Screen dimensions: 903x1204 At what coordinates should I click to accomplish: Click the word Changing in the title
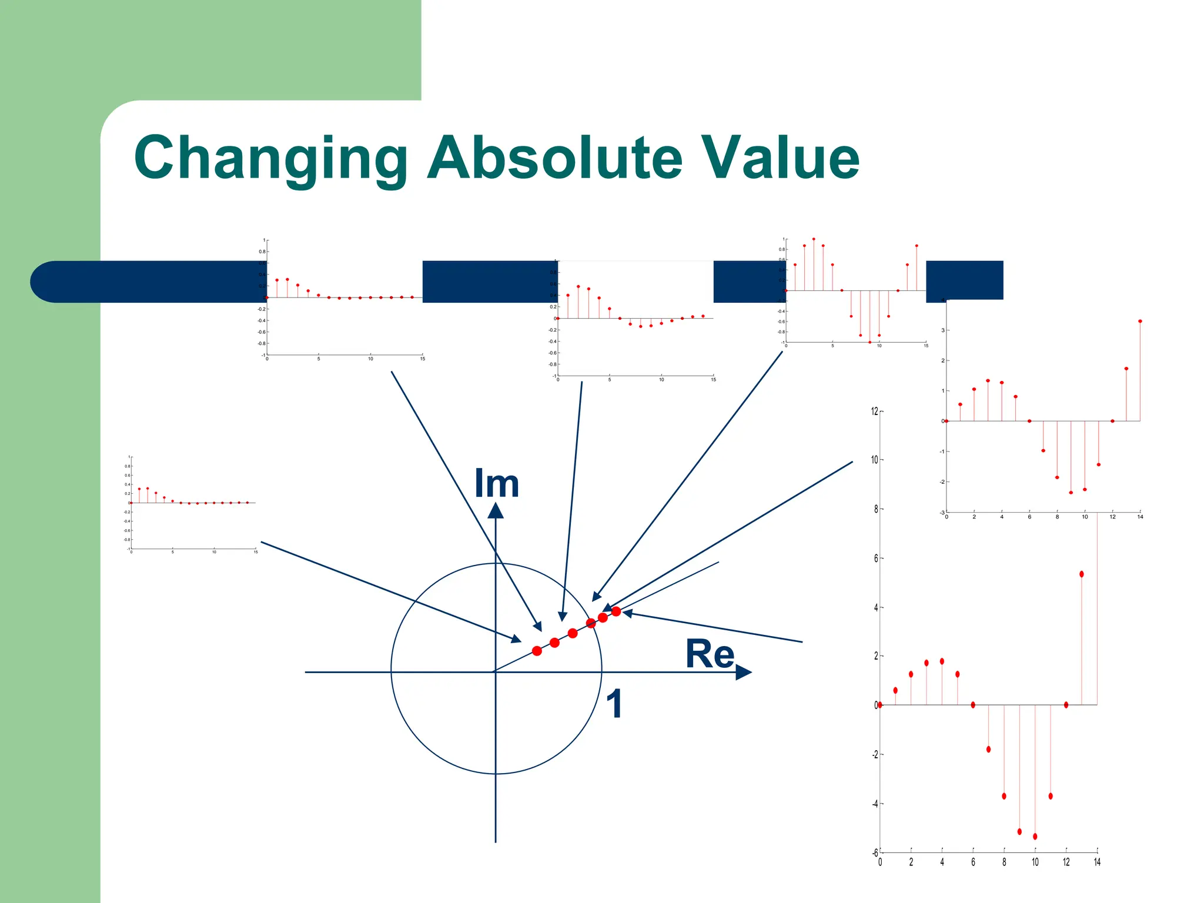[270, 159]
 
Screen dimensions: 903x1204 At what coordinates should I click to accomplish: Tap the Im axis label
[497, 484]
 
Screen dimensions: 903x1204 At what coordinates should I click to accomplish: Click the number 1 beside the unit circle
[614, 704]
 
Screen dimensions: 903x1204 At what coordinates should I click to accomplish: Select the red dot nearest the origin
[537, 651]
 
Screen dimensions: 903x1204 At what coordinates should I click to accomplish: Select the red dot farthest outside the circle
[616, 611]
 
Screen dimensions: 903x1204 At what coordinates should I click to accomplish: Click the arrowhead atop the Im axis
[496, 510]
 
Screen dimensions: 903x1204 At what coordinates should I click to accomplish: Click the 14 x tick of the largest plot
[1097, 862]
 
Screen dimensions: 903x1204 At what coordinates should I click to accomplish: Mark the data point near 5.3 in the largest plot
[1082, 574]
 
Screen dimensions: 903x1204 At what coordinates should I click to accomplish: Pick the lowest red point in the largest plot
[1035, 836]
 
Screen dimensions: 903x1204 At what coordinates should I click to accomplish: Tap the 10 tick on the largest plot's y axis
[874, 460]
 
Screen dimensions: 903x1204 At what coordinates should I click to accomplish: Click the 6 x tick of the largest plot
[973, 862]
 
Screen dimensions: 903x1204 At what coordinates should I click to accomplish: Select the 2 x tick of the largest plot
[911, 862]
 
